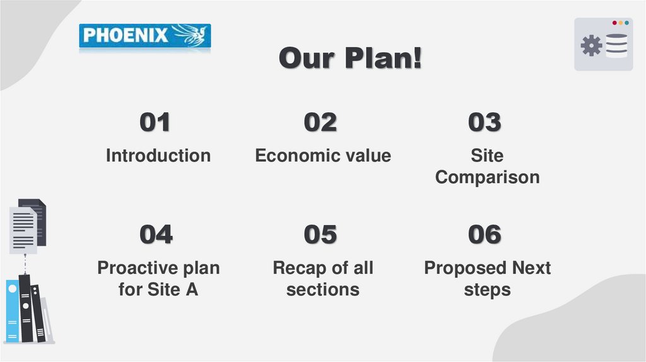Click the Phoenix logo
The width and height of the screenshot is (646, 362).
[144, 36]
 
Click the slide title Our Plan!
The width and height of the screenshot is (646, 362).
[351, 59]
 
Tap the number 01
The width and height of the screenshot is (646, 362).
[155, 122]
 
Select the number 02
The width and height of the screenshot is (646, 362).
[320, 122]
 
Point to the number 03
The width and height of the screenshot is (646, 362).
[484, 122]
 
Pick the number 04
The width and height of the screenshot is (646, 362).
[156, 235]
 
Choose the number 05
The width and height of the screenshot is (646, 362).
[320, 235]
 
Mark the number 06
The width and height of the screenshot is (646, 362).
[484, 235]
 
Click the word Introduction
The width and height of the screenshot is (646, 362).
[158, 155]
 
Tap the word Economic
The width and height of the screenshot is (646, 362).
[290, 155]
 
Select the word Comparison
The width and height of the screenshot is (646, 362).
[487, 177]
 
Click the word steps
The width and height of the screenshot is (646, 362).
[487, 290]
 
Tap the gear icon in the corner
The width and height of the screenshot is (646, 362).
[591, 45]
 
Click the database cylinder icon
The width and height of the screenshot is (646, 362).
[616, 46]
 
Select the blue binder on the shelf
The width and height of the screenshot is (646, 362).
[13, 311]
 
